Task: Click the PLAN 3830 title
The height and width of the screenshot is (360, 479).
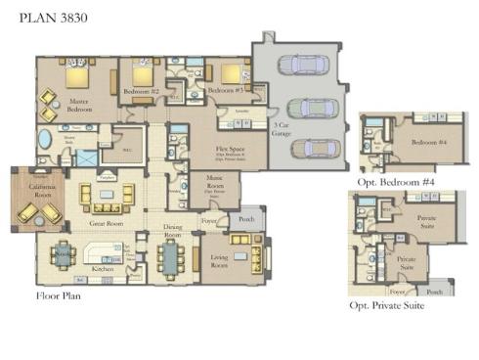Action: [x=46, y=18]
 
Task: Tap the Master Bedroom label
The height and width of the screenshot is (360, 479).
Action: [x=78, y=105]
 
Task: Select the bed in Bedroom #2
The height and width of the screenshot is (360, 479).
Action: [x=143, y=75]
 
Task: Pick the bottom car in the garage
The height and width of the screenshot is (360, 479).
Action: [x=313, y=148]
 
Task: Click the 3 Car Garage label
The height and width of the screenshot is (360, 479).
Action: [x=282, y=129]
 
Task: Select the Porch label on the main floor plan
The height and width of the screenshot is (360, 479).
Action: [x=247, y=218]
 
